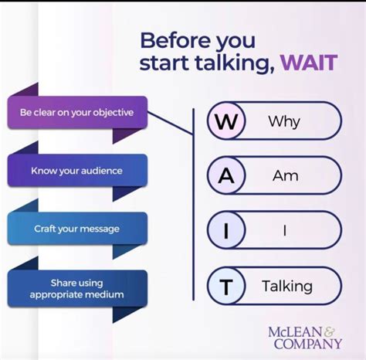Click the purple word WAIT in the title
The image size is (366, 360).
click(309, 63)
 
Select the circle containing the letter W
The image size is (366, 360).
click(226, 121)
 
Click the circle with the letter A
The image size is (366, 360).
click(226, 175)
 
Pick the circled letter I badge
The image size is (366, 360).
click(226, 230)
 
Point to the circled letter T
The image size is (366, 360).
click(226, 286)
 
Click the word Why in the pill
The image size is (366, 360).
click(284, 121)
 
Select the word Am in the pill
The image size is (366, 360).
click(286, 176)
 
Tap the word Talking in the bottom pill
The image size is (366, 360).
click(287, 287)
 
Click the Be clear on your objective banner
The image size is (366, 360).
click(77, 113)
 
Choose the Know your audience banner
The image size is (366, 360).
click(77, 171)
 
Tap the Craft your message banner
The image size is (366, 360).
click(77, 229)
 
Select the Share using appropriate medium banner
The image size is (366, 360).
click(77, 288)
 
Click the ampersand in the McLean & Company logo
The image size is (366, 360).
click(330, 332)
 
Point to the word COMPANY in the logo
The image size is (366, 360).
click(308, 344)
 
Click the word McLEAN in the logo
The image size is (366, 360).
click(296, 332)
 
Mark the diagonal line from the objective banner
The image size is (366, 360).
click(170, 124)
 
